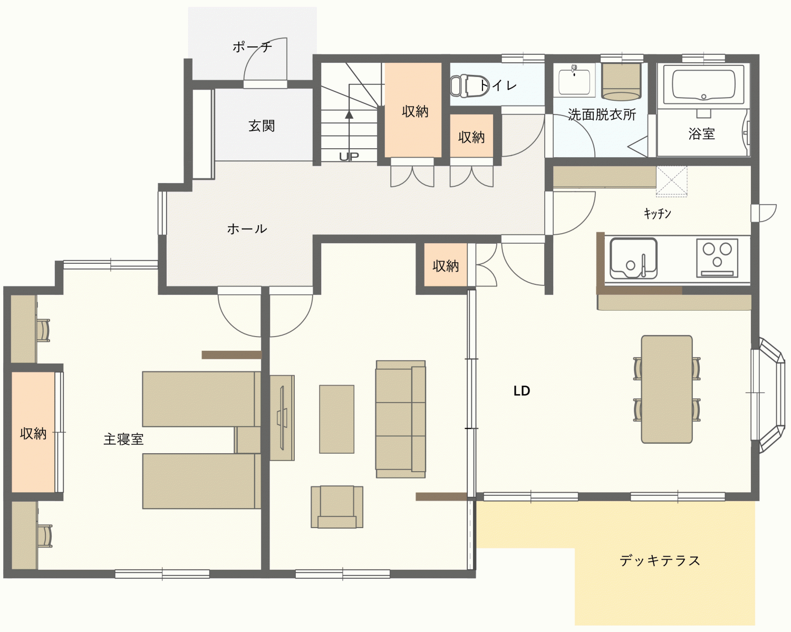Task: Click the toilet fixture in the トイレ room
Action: click(469, 86)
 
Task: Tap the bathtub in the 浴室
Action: click(703, 84)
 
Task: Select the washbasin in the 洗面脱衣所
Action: click(574, 81)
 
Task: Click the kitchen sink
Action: click(633, 258)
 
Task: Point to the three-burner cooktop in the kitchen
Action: click(717, 257)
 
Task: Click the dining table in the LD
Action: click(667, 389)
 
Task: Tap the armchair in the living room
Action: click(336, 507)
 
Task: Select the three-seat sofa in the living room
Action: click(400, 419)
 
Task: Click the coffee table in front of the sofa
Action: click(336, 419)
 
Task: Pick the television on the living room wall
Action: click(282, 418)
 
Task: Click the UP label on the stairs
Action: click(349, 157)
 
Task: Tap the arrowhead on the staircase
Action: click(349, 114)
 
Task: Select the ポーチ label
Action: click(252, 47)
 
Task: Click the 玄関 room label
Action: click(262, 126)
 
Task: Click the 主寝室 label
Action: click(123, 439)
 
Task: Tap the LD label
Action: click(522, 391)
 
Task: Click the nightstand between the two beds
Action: click(248, 440)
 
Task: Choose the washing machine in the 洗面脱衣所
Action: click(621, 82)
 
